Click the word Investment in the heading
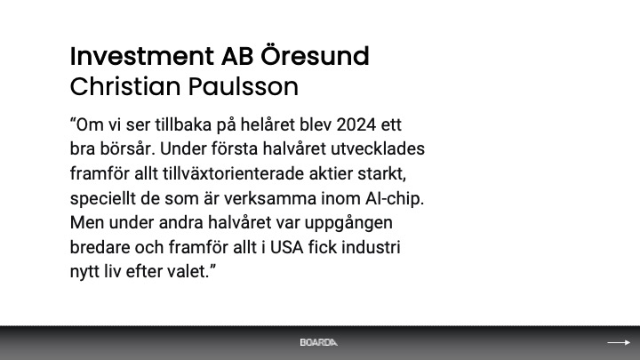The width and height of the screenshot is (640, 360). pos(142,56)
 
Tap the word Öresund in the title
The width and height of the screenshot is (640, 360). pos(315,55)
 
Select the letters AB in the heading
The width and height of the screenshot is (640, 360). pos(237,56)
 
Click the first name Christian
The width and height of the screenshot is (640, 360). pos(125,86)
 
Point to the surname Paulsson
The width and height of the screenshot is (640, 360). pos(244,86)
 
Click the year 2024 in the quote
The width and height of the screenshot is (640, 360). pos(356,124)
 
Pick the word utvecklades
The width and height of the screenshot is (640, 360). pos(378,149)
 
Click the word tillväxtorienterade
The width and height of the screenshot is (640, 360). pos(234,173)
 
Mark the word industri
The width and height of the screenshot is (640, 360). pos(371,247)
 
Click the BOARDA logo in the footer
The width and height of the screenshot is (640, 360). pos(318,342)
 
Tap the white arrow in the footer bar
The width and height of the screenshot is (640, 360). pos(619,342)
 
